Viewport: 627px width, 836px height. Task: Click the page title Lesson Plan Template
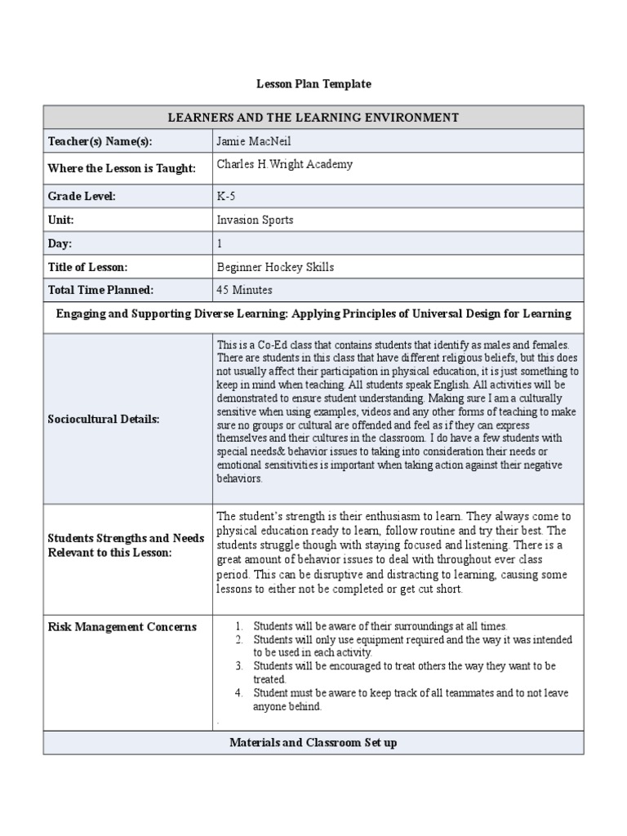pos(313,84)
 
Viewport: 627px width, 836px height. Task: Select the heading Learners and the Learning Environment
pos(313,118)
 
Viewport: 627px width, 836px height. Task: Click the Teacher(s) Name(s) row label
pos(100,141)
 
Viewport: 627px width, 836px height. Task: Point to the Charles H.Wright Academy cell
pos(285,164)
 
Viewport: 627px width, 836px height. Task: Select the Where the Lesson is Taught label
pos(122,168)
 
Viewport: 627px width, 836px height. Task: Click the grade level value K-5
pos(225,196)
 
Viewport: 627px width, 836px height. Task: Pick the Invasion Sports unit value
pos(255,220)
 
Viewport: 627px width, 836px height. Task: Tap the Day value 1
pos(220,243)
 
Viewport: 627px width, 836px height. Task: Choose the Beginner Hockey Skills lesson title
pos(275,267)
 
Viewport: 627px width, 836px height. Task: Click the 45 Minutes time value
pos(245,290)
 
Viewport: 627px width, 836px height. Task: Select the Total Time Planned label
pos(100,290)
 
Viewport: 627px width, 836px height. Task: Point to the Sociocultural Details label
pos(104,419)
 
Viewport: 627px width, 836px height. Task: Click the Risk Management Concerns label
pos(122,627)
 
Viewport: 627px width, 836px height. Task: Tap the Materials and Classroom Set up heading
pos(313,744)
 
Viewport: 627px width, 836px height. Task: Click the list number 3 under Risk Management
pos(239,666)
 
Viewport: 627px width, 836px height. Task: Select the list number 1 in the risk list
pos(239,626)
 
